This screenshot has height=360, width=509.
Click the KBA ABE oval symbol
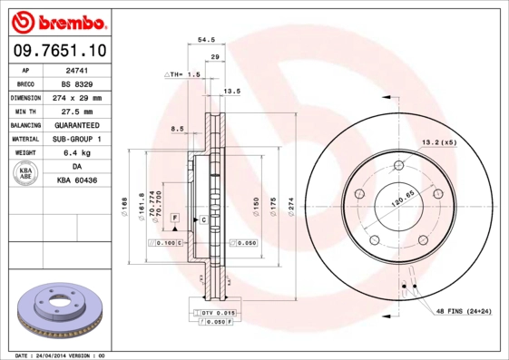coord(26,174)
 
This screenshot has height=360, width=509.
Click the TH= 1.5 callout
coord(184,74)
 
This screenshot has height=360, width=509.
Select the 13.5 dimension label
coord(231,92)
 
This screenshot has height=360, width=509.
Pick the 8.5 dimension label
coord(178,130)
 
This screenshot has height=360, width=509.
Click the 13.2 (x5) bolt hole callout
coord(436,143)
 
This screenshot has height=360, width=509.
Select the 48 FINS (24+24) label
coord(463,311)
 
